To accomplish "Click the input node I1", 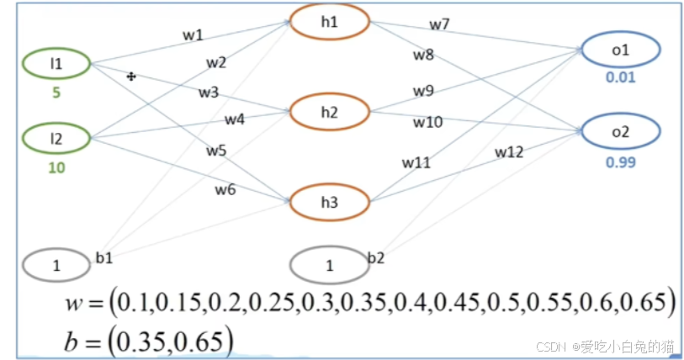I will pos(57,63).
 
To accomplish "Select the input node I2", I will pos(57,137).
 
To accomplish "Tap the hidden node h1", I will pos(329,22).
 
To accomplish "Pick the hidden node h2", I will pos(329,112).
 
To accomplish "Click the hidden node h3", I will pos(329,202).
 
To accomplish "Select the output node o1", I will pos(621,50).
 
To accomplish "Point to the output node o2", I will pos(621,132).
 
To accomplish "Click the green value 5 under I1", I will pos(56,93).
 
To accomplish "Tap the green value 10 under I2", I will pos(56,167).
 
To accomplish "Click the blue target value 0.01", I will pos(621,78).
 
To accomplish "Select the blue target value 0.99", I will pos(621,162).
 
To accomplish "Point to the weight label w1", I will pos(194,35).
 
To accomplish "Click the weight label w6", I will pos(224,190).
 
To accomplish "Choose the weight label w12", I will pos(508,152).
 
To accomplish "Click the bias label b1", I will pos(103,257).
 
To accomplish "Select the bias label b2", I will pos(375,257).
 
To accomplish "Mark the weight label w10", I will pos(427,122).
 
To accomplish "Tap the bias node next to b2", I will pos(329,266).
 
